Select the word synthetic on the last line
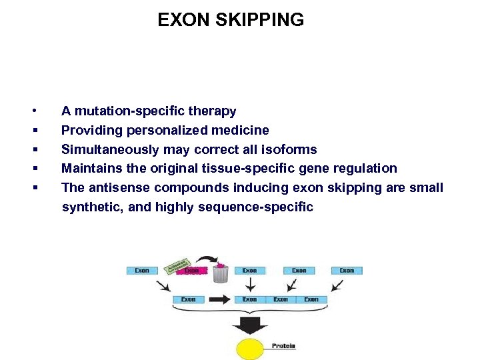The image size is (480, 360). [x=91, y=207]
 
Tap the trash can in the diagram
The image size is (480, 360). [x=221, y=273]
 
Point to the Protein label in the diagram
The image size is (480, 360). [x=283, y=346]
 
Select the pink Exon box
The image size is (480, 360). [x=192, y=271]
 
